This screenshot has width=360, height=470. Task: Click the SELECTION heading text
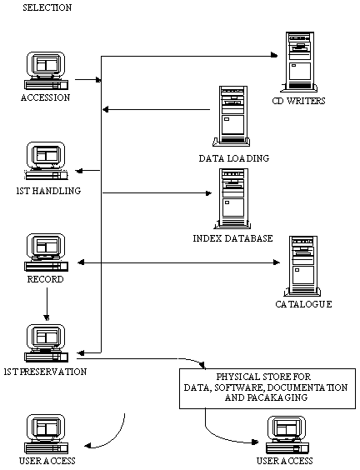47,7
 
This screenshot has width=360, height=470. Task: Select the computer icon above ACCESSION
46,71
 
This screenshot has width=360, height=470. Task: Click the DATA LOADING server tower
232,117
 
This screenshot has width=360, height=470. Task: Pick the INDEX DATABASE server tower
232,199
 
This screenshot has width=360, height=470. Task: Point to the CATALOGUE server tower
302,266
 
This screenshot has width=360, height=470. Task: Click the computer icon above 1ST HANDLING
46,161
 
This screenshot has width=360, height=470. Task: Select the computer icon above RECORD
46,252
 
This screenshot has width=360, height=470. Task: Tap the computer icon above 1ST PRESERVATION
46,343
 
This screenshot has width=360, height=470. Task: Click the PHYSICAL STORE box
267,388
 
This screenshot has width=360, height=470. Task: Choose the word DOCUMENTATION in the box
307,387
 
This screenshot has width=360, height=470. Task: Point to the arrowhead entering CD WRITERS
274,55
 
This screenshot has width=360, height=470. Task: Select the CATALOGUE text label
303,304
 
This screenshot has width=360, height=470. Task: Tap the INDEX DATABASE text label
232,238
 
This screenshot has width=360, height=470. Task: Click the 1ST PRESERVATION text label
45,372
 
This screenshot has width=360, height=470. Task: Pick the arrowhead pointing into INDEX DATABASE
208,193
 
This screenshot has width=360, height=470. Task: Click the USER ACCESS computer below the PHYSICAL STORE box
287,436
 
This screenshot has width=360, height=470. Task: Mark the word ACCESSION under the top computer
45,97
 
